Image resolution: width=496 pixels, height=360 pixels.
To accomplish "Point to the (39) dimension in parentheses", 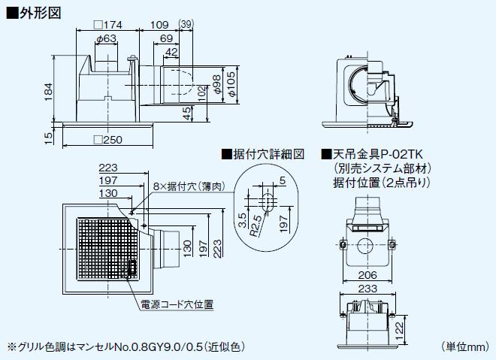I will click(x=187, y=26).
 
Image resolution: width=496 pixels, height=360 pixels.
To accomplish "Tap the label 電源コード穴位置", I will click(x=177, y=304).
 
